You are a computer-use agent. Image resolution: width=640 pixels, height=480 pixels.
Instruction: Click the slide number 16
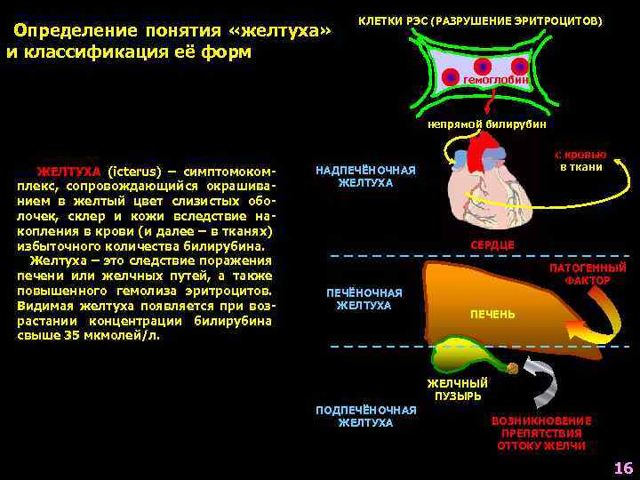tap(622, 468)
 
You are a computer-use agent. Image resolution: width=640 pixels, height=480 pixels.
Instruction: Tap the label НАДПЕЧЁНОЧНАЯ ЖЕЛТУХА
tap(365, 176)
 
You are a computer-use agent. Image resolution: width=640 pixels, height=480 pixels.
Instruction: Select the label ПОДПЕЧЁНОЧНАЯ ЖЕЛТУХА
tap(365, 416)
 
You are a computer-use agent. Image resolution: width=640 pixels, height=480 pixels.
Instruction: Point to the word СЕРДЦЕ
tap(492, 244)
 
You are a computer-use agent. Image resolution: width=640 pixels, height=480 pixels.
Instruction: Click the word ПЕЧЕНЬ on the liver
tap(492, 315)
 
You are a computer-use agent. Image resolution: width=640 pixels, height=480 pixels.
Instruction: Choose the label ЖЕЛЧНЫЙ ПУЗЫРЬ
tap(458, 389)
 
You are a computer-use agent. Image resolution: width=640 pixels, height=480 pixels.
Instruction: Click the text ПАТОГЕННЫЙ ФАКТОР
tap(588, 274)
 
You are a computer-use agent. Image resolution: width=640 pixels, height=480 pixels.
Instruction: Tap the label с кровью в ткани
tap(581, 160)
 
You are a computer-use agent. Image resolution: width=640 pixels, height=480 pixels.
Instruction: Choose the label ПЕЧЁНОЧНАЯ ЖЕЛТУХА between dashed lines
tap(364, 299)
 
